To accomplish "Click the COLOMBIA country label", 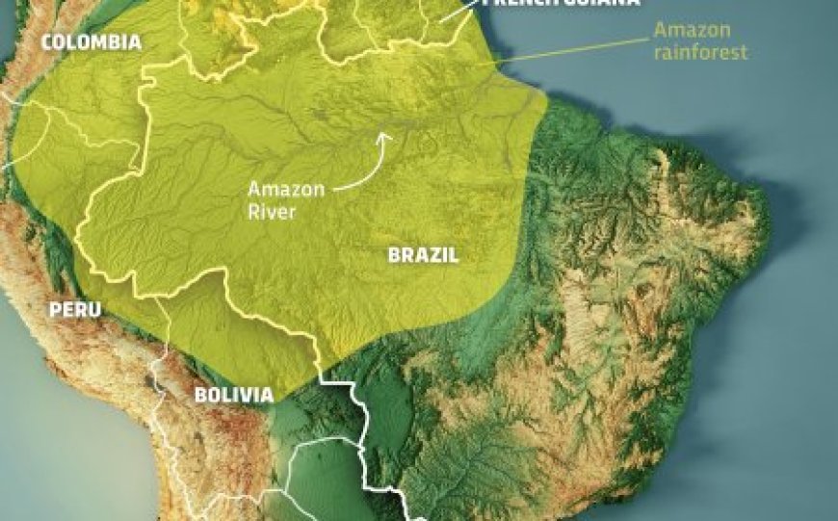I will pos(91,42).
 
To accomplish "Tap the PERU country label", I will pos(73,309).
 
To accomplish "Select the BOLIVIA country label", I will pos(234,395).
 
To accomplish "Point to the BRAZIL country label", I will pos(423,255).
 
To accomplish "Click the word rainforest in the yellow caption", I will pos(700,52).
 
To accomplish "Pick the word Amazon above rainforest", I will pos(687,30).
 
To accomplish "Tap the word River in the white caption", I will pos(272,212).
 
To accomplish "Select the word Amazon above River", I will pos(280,190).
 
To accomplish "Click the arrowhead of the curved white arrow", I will pos(383,137).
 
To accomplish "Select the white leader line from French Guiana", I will pos(458,13).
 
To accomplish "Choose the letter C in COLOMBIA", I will pos(46,42).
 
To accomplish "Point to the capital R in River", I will pos(253,212).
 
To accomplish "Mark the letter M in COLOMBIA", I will pos(98,42).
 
